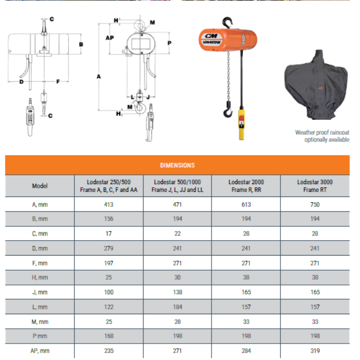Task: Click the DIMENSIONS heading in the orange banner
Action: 177,166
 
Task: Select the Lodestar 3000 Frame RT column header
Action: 315,186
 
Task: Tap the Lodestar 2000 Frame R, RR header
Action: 246,186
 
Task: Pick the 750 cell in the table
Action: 315,204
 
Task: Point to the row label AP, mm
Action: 40,351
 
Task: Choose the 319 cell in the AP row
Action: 315,351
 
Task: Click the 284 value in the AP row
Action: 246,351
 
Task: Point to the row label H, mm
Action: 40,278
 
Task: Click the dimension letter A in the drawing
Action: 98,76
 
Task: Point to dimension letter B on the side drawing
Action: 81,45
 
